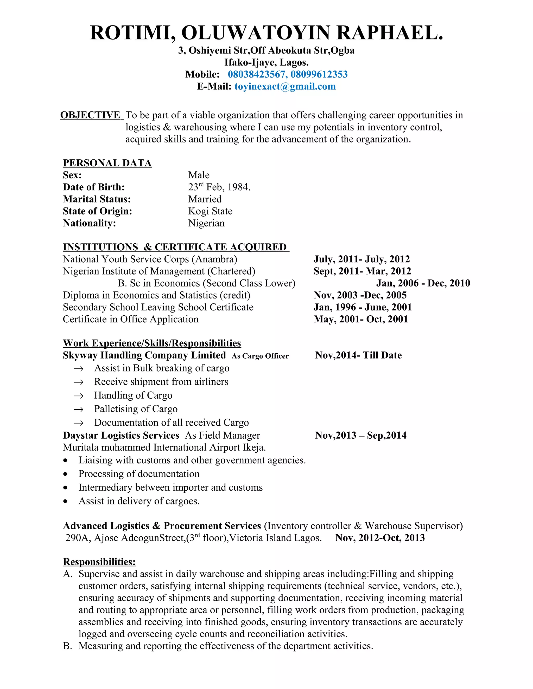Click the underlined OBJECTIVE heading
click(x=90, y=115)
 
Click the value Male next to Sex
click(x=199, y=175)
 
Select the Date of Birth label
click(x=93, y=187)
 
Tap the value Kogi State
click(x=210, y=211)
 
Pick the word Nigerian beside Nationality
click(x=206, y=223)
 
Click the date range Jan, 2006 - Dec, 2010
click(x=423, y=283)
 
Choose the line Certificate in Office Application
click(x=130, y=319)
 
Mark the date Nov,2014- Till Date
click(x=358, y=355)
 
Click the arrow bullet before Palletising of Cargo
click(x=78, y=409)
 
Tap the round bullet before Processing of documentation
click(x=65, y=474)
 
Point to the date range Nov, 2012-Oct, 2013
click(x=380, y=538)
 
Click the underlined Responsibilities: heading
click(x=99, y=562)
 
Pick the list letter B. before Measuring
click(x=68, y=646)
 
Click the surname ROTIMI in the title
click(x=133, y=32)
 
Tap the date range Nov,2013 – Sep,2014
click(x=361, y=435)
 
